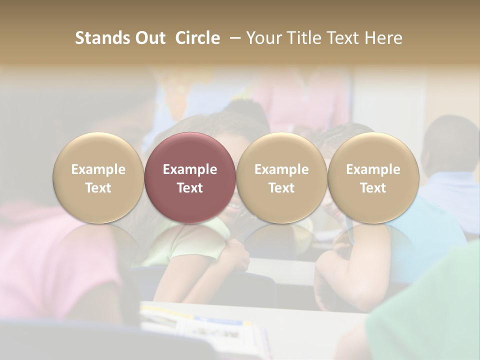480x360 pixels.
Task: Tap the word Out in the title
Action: click(149, 38)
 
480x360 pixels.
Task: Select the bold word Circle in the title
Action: click(197, 38)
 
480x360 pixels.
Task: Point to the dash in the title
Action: click(233, 38)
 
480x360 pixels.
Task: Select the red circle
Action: click(190, 177)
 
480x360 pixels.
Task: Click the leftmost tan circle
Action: click(98, 177)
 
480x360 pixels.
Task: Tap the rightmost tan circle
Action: click(373, 177)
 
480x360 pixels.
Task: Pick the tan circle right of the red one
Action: click(281, 177)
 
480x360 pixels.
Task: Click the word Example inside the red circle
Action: click(190, 169)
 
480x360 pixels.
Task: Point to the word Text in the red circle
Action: click(190, 188)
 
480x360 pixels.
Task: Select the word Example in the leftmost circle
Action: click(98, 169)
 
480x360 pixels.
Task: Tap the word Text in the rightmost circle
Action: click(373, 188)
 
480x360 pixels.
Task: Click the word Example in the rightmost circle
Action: click(373, 169)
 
